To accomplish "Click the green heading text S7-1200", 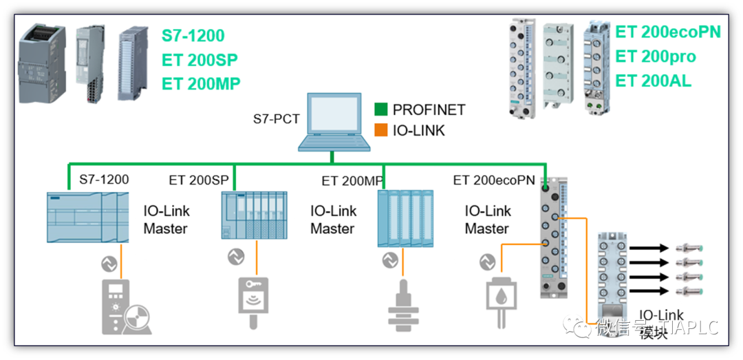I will coord(193,36).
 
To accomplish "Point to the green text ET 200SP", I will coord(200,60).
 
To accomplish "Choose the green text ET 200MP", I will coord(201,84).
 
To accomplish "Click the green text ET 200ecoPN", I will coord(667,32).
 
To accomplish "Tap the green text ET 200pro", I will coord(655,56).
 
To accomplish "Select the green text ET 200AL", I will coord(653,81).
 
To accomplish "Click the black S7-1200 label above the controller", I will coord(104,180).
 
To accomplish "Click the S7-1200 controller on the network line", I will coord(87,216).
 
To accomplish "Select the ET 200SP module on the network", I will coord(254,214).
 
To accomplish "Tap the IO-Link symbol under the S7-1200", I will coord(108,262).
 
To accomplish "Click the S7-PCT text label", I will coord(276,119).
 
